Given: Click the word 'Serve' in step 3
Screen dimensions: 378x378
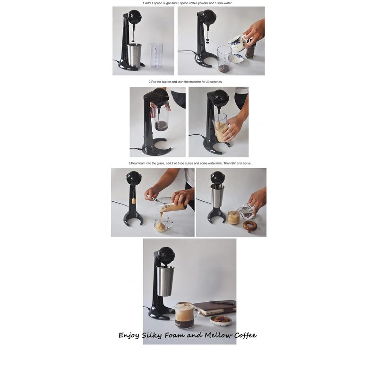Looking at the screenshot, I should (246, 163).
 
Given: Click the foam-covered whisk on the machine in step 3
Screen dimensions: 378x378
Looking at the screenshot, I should (133, 200).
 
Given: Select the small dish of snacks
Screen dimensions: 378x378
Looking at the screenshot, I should (221, 320).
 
